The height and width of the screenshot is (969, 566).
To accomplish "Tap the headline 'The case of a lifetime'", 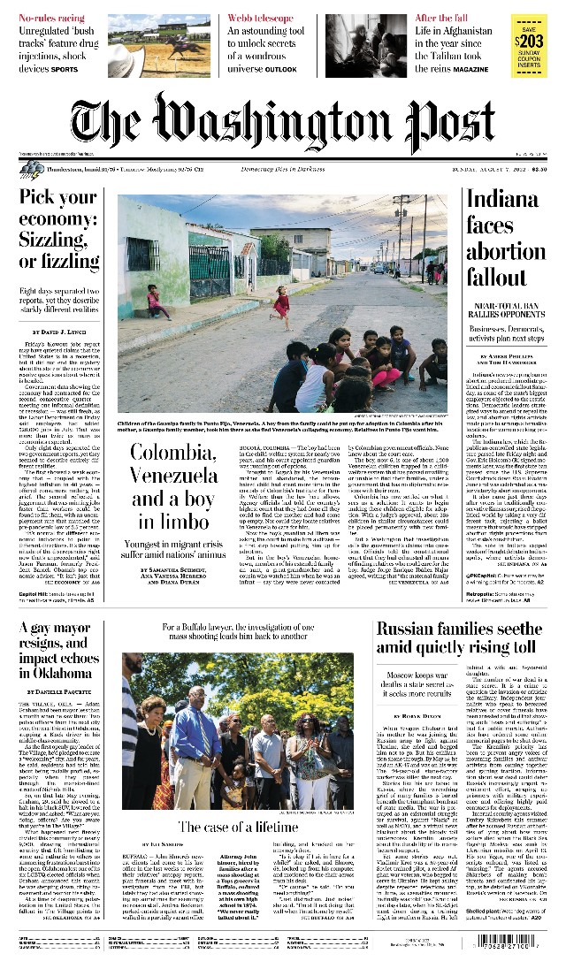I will tap(238, 828).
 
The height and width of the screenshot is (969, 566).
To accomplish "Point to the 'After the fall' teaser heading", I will tap(441, 18).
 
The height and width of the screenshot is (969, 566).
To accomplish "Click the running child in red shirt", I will tap(281, 306).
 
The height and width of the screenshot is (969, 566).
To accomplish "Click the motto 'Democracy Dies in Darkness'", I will tap(283, 168).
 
